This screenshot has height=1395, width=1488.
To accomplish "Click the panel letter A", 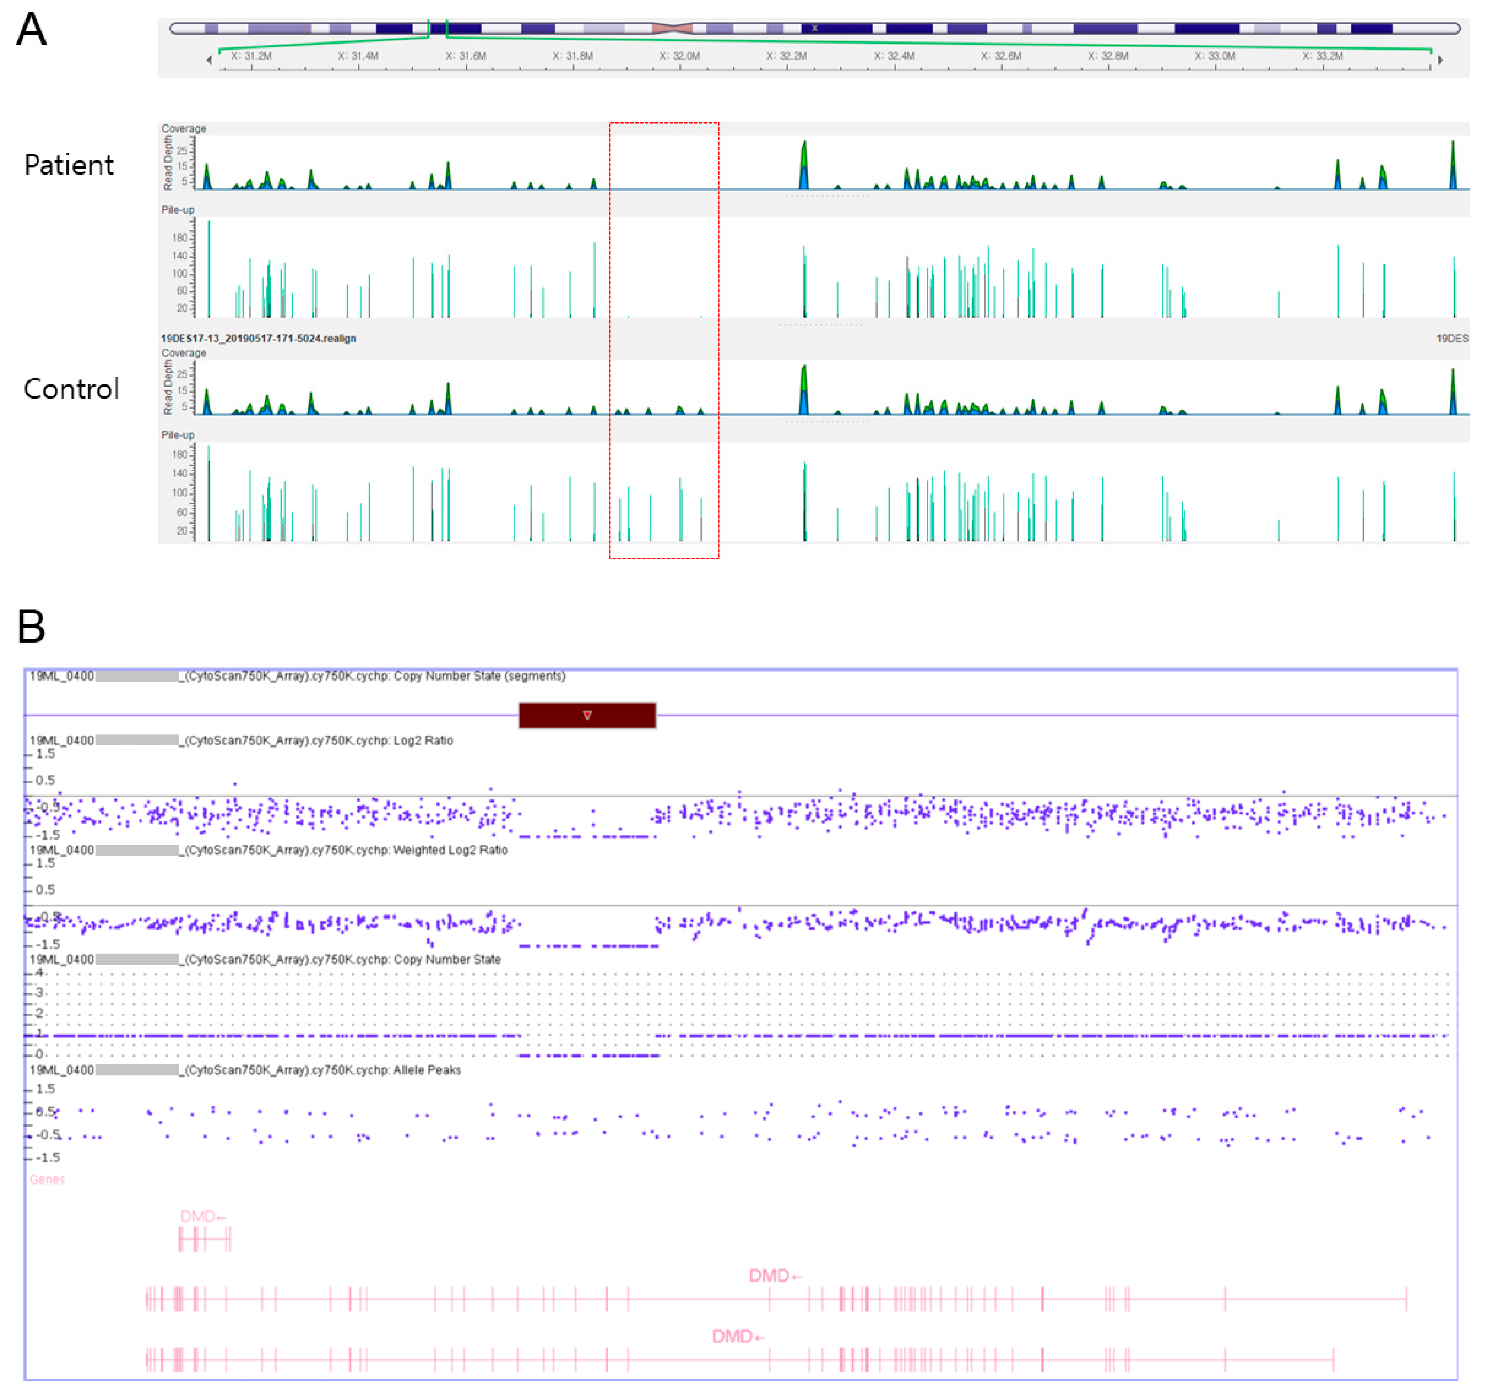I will coord(31,30).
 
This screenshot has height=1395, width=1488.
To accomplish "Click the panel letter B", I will coord(31,627).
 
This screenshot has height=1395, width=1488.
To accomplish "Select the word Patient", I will coord(69,165).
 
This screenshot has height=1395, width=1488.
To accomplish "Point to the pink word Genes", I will coord(47,1179).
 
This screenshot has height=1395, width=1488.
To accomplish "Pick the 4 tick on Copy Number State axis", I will coord(39,973).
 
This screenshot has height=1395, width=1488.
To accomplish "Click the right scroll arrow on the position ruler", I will coord(1440,60).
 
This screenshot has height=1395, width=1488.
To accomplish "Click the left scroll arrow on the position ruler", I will coord(209,60).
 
